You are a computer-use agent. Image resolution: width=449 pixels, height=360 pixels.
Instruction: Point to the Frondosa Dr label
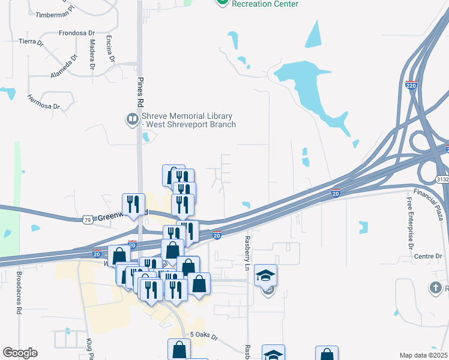click(x=77, y=34)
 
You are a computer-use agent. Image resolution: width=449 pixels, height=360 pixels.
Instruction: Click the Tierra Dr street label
click(x=31, y=42)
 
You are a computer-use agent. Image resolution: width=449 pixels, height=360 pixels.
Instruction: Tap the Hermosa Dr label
click(x=44, y=101)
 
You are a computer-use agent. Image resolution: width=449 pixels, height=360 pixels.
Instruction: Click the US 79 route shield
click(x=88, y=220)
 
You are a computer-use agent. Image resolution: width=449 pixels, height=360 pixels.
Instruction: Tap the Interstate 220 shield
click(x=411, y=86)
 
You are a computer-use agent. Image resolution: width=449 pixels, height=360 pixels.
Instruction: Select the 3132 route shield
click(x=442, y=179)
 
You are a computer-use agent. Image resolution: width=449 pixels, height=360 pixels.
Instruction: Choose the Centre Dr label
click(x=428, y=256)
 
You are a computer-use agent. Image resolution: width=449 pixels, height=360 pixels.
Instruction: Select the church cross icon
click(x=436, y=287)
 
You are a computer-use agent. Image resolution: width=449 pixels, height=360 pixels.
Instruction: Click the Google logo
click(x=20, y=353)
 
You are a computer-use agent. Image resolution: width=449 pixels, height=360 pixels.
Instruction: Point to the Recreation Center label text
click(x=265, y=4)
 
